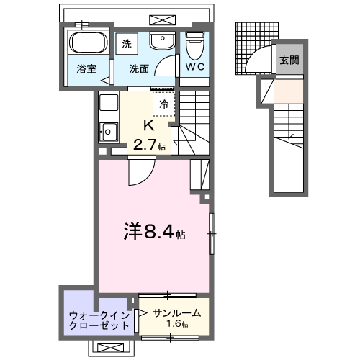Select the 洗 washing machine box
click(x=127, y=43)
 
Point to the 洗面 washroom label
click(x=139, y=69)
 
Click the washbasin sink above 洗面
click(x=163, y=41)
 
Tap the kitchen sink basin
click(x=108, y=131)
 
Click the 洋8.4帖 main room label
click(x=153, y=233)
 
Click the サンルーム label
click(x=175, y=312)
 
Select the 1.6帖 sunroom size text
click(x=175, y=325)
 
